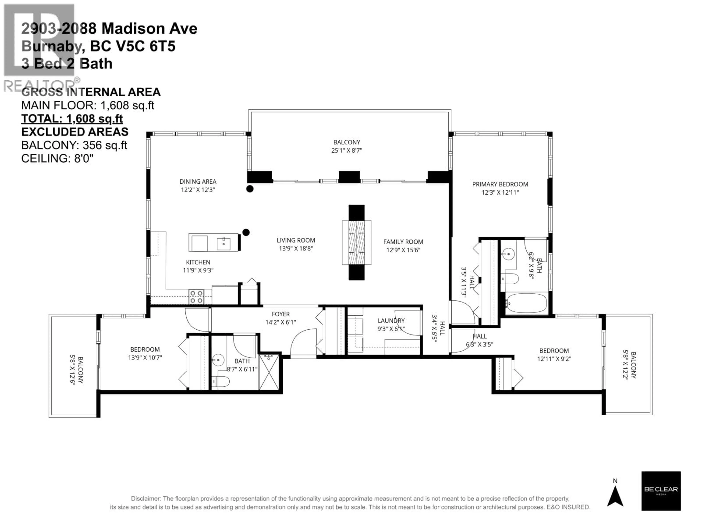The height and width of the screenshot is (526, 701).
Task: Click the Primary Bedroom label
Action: point(500,184)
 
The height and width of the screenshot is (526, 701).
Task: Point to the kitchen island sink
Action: point(223,243)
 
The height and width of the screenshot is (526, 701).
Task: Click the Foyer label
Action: point(280,314)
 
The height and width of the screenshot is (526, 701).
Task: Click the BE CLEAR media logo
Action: point(661,491)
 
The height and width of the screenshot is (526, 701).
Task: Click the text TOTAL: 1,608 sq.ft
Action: point(72,119)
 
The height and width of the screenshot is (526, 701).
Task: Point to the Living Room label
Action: point(296,240)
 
